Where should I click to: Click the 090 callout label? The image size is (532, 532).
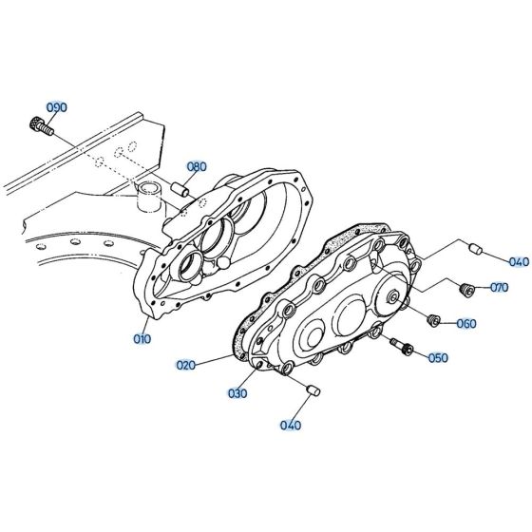click(58, 107)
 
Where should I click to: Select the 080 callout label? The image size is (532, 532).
click(196, 166)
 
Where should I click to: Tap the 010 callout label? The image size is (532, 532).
click(142, 337)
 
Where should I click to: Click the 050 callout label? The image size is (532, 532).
click(438, 357)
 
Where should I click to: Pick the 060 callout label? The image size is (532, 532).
click(466, 323)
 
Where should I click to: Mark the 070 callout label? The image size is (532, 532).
click(499, 287)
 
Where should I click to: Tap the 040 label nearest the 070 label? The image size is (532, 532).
click(492, 261)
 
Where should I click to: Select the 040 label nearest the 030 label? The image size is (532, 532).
click(291, 425)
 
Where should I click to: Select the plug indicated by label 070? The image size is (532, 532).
click(465, 288)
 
